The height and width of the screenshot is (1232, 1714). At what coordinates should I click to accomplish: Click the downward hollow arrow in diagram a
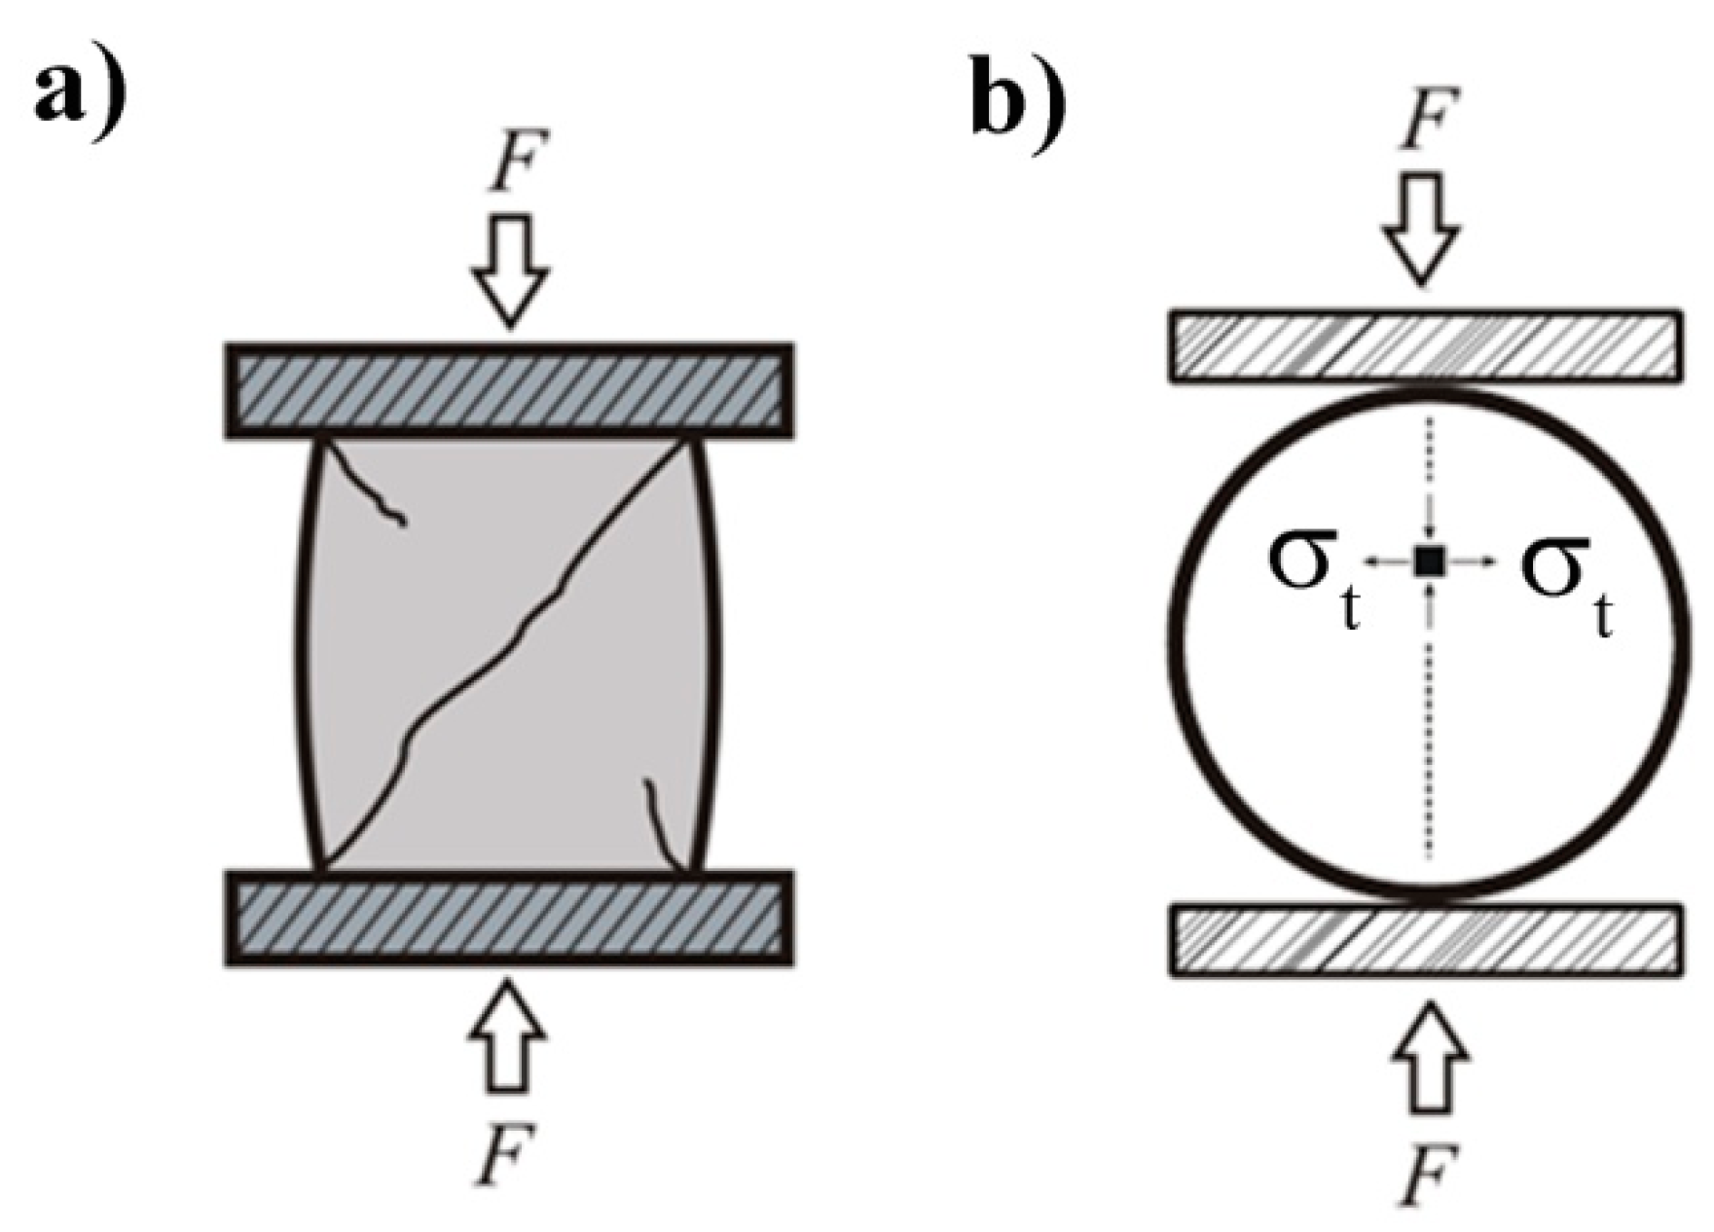[511, 269]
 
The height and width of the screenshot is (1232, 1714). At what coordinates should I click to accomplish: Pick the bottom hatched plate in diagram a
[509, 918]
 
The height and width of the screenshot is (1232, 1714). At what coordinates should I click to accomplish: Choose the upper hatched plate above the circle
[1425, 345]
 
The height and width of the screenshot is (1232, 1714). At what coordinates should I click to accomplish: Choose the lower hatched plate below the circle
[1425, 940]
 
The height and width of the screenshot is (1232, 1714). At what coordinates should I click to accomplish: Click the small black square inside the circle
[1428, 560]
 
